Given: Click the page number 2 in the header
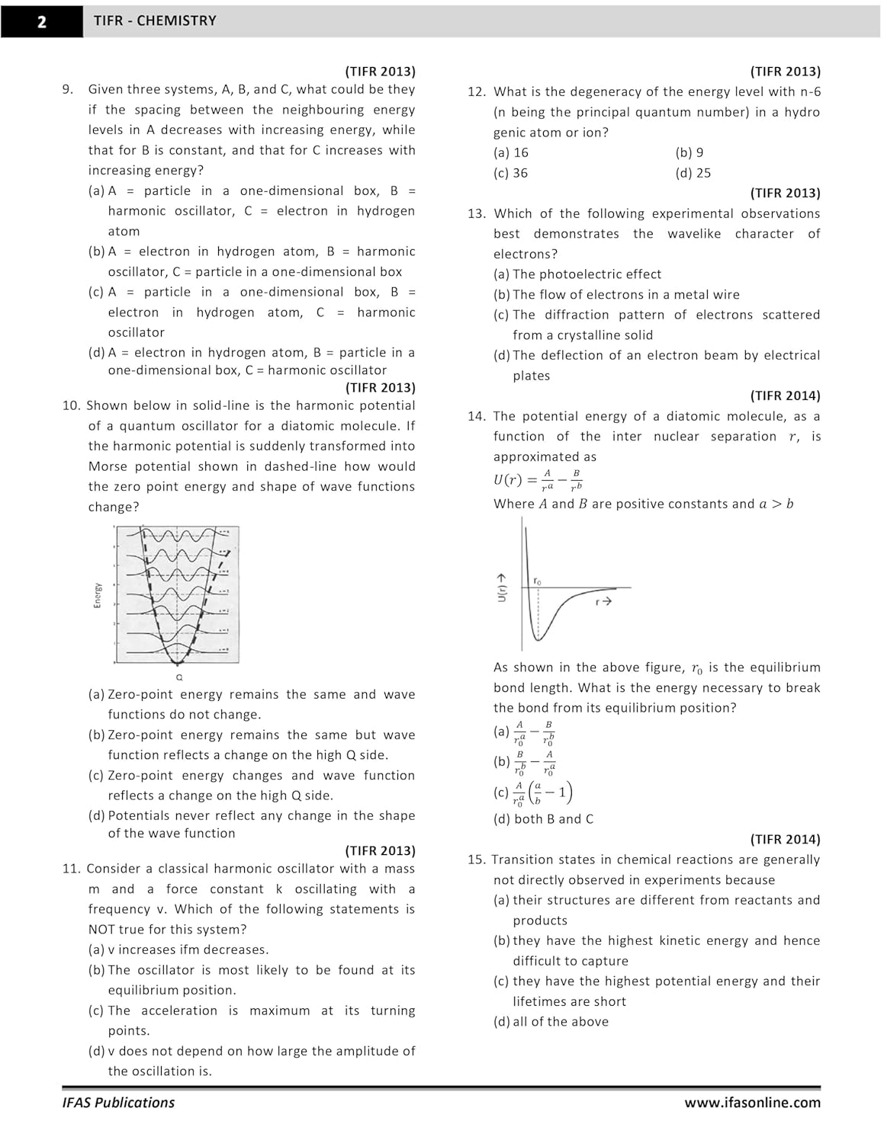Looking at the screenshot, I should tap(42, 21).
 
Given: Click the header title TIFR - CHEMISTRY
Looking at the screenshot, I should tap(155, 21).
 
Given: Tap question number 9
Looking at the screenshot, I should tap(68, 89).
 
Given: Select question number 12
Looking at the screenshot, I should tap(476, 92).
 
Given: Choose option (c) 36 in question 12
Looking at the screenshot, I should tap(511, 173).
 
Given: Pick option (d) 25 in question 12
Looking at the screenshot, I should tap(693, 173).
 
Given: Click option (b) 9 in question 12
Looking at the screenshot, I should tap(690, 152).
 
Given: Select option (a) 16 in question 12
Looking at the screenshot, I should tap(511, 152).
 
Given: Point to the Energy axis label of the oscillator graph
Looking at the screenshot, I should tap(98, 595).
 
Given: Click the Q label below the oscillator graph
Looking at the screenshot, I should tap(179, 677).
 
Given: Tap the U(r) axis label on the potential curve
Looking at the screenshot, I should tap(502, 588).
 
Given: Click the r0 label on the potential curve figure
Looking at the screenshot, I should tap(537, 581).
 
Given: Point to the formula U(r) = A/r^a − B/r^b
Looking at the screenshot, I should tap(538, 479).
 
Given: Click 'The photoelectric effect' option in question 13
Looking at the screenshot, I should tap(577, 274).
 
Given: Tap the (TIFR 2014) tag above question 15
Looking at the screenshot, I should tap(785, 839).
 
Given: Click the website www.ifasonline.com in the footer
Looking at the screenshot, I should tap(752, 1103).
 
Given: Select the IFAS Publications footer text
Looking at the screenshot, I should tap(118, 1103).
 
